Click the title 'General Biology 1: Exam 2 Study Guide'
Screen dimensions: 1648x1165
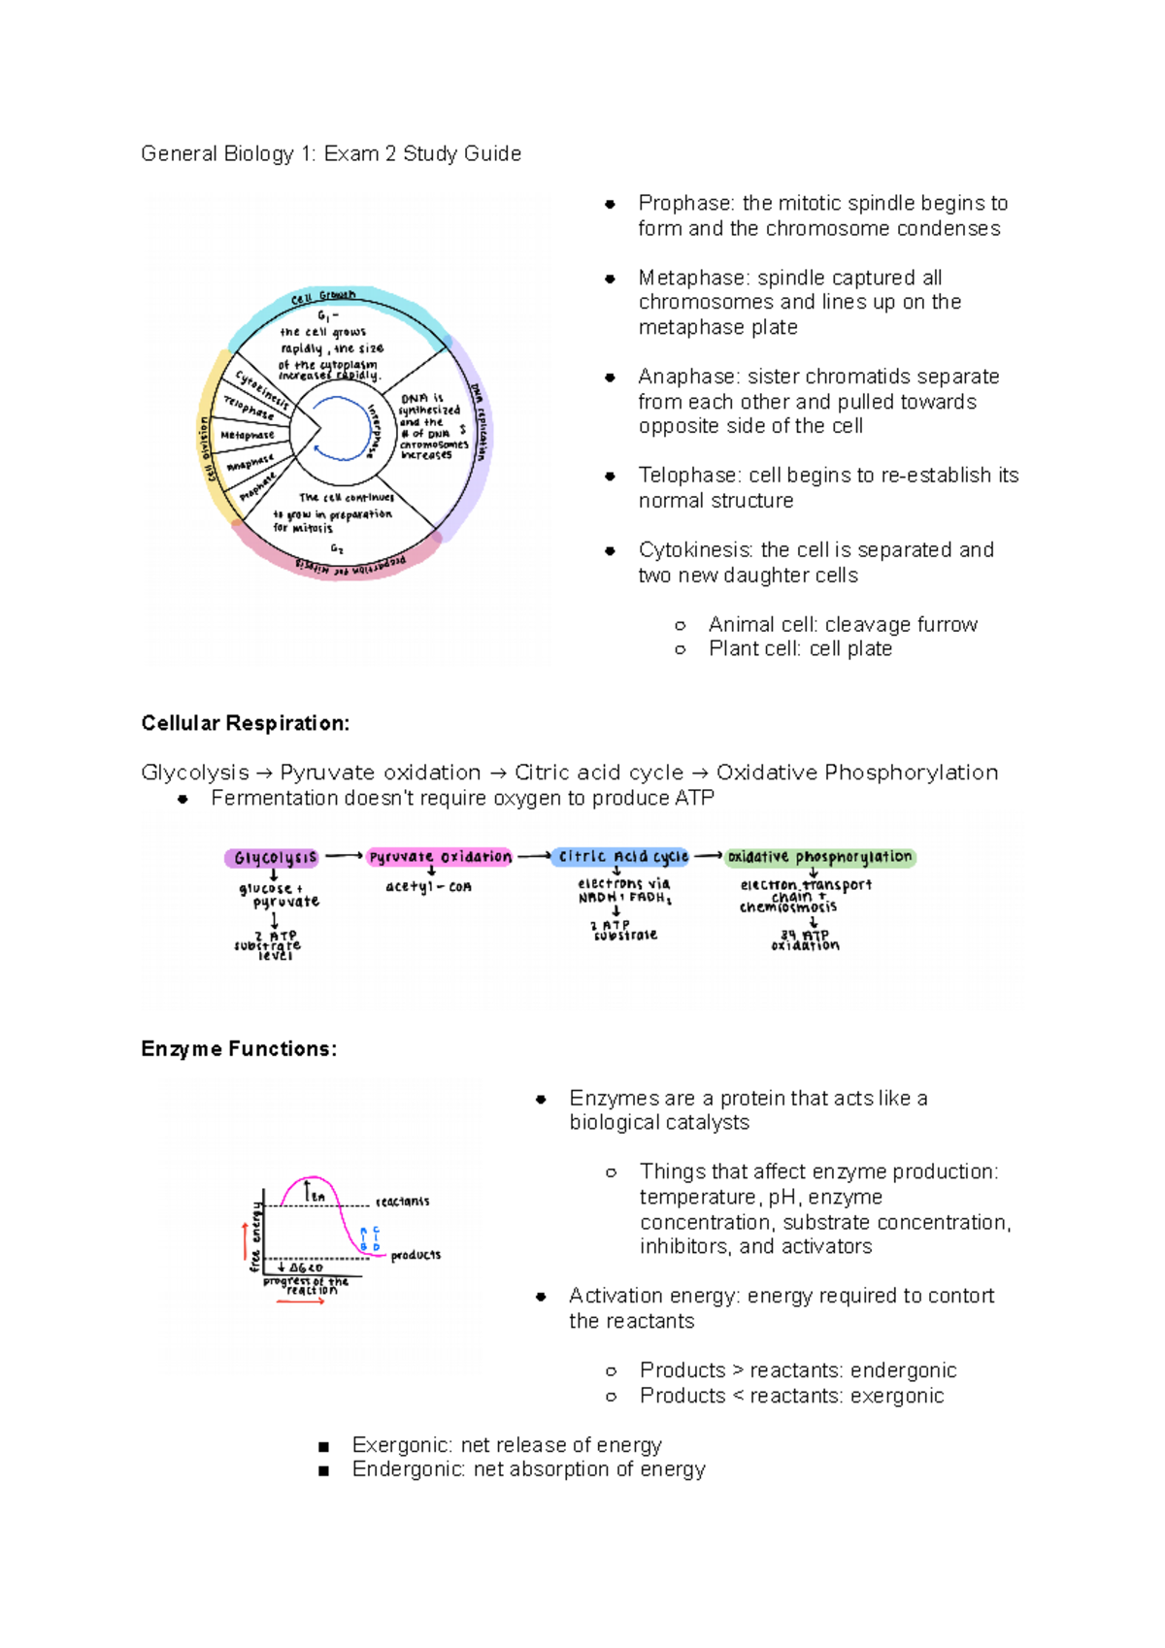pos(331,154)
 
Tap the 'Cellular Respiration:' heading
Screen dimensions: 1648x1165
pos(245,723)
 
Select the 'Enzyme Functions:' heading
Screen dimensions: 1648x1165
pos(239,1049)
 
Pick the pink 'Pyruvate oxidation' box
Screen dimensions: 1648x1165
pos(440,857)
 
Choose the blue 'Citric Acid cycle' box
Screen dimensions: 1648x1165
pos(621,857)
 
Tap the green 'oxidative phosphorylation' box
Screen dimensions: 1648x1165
pos(819,857)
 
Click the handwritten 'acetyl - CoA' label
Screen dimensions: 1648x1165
pos(428,887)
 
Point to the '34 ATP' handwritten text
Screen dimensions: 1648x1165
pos(805,936)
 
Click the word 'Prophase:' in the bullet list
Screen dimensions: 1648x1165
pos(685,204)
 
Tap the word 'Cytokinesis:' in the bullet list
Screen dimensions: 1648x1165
pos(695,550)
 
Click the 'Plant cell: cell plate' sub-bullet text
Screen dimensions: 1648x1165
pos(800,649)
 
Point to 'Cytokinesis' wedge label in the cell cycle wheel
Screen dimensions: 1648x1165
pos(262,388)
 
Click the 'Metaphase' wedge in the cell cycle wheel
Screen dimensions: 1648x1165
pos(248,436)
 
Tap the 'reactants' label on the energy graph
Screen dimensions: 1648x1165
pos(402,1202)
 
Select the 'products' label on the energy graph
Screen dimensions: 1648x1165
pos(416,1255)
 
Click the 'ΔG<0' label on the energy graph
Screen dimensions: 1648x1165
pos(304,1268)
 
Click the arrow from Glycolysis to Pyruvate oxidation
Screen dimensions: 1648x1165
pos(343,856)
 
